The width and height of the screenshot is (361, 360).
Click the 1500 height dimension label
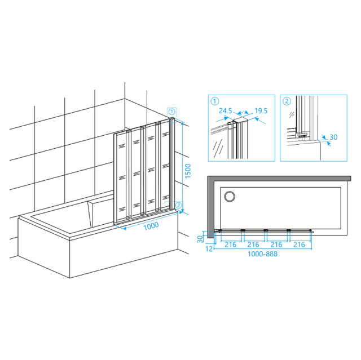188,171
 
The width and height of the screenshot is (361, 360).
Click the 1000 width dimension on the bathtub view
151,226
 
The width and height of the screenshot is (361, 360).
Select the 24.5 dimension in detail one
226,111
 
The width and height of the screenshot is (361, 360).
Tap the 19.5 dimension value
261,111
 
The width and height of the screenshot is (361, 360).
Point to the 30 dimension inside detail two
333,137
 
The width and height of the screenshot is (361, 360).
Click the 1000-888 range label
262,254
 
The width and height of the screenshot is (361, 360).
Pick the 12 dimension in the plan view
209,249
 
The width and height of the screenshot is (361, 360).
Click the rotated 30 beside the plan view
200,239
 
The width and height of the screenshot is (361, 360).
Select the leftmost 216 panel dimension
231,245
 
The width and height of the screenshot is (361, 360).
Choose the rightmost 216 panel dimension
299,245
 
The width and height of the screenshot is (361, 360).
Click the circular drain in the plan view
230,197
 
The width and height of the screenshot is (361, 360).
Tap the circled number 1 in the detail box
215,101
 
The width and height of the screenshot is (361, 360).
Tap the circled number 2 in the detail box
287,101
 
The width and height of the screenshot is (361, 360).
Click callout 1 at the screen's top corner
172,112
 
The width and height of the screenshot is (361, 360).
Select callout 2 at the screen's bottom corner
178,205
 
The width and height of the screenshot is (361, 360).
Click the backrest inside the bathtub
100,212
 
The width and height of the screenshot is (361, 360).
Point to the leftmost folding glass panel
122,177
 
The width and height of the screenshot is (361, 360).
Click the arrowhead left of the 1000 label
124,228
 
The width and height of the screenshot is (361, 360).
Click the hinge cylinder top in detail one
230,123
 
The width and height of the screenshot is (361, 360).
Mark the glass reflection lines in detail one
218,148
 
